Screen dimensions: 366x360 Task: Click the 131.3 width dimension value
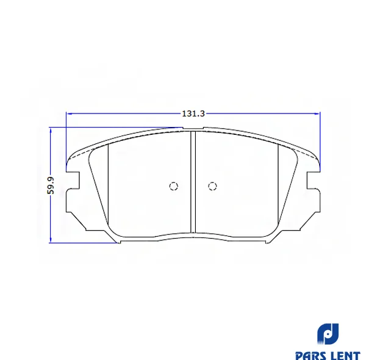pos(193,113)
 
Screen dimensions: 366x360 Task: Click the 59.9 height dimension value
pos(51,185)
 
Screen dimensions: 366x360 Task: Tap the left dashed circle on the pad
pos(174,186)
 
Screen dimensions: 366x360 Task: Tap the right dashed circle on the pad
pos(212,186)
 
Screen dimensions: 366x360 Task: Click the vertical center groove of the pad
pos(193,182)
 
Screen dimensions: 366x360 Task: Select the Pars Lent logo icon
pos(328,334)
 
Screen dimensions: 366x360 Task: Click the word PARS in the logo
pos(311,356)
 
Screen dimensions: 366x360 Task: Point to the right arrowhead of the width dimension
pos(317,113)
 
